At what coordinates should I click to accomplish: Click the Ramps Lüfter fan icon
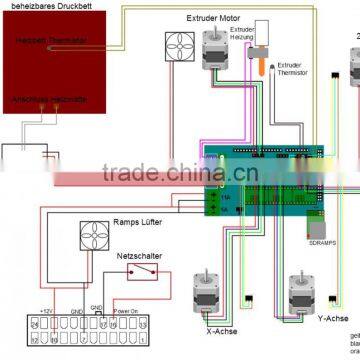tap(94, 237)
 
